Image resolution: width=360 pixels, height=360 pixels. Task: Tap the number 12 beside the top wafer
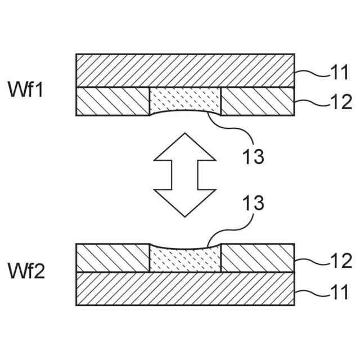click(x=339, y=102)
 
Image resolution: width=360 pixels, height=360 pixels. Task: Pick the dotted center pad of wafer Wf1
click(x=185, y=100)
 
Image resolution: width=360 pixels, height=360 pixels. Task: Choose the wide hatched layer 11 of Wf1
click(x=185, y=70)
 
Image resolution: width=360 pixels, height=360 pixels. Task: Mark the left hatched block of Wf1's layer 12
click(x=112, y=101)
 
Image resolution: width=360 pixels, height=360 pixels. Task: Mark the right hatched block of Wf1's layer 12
click(x=258, y=101)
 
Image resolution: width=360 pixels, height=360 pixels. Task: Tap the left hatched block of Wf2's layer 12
click(x=112, y=258)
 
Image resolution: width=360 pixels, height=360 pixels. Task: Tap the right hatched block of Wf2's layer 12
click(x=258, y=258)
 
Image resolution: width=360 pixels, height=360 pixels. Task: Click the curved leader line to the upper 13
click(x=228, y=125)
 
